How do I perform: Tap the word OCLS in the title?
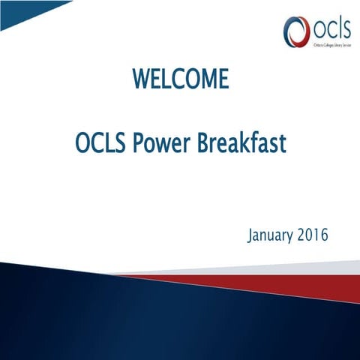(101, 142)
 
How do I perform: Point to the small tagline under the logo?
(330, 45)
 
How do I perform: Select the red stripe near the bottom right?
(300, 283)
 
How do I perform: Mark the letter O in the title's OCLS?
(82, 142)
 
